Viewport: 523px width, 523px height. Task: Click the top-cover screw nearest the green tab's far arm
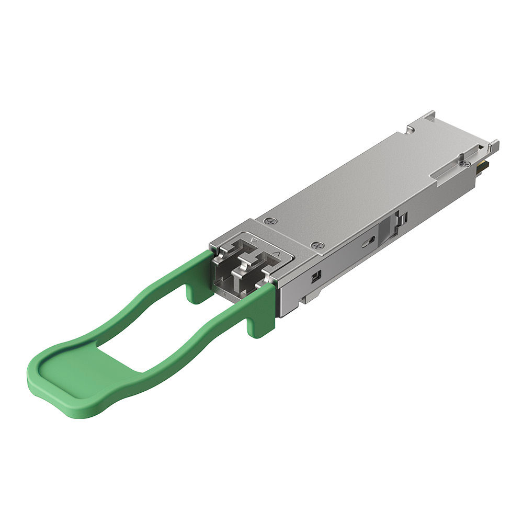tap(269, 221)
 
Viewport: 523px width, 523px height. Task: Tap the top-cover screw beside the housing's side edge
tap(316, 245)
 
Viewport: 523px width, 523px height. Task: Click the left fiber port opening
tap(230, 261)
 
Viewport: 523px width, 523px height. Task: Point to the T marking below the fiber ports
tap(224, 295)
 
